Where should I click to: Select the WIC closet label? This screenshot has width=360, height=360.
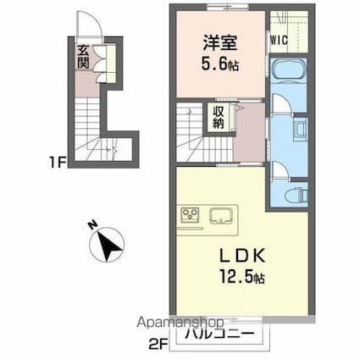coord(281,40)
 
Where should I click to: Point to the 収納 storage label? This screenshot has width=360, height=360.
coord(219,118)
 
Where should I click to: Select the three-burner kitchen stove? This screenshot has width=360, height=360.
coord(189,214)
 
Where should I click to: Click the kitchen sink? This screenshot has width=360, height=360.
coord(223,214)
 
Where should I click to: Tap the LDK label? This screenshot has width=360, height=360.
coord(219,253)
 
